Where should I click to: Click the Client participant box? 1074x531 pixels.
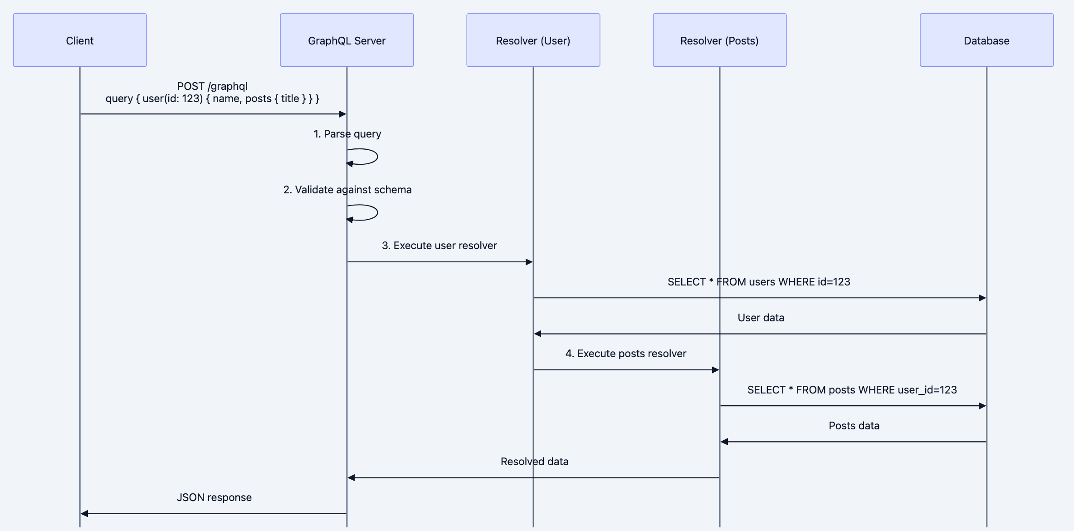(x=80, y=40)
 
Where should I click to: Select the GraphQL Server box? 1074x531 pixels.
(x=347, y=40)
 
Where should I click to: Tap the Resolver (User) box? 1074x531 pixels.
(x=533, y=40)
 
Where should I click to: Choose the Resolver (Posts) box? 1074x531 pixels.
(x=719, y=40)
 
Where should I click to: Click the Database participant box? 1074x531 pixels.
(x=986, y=40)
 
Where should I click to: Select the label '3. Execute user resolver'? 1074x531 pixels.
(x=439, y=246)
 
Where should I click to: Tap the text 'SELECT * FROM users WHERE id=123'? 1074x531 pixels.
(x=759, y=282)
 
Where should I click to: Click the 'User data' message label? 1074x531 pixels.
(x=761, y=318)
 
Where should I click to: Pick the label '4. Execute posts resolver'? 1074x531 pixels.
(x=625, y=354)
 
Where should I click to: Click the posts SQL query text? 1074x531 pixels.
(x=852, y=390)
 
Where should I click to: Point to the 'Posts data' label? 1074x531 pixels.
(x=854, y=426)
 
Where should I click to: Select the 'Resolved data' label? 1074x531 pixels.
(x=534, y=462)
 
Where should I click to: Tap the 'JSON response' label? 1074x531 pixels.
(x=214, y=497)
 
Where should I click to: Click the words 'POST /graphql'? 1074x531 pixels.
(x=212, y=86)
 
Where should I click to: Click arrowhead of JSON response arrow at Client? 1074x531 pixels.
(x=84, y=514)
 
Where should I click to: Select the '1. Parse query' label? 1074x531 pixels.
(x=347, y=134)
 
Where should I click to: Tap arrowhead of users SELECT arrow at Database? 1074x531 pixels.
(x=982, y=298)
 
